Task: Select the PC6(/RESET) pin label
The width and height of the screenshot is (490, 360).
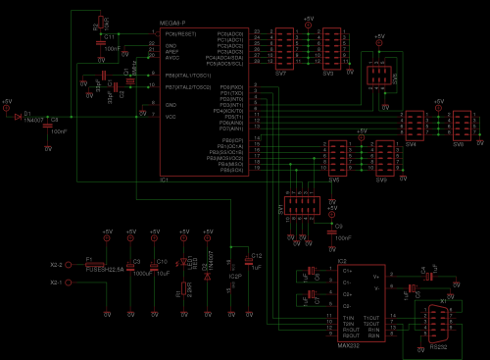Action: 182,33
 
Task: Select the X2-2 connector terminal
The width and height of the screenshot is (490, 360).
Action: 56,265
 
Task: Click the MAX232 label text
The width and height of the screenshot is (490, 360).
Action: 349,345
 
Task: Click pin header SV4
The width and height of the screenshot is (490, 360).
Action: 412,125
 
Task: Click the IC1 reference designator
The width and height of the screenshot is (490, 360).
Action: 166,180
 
